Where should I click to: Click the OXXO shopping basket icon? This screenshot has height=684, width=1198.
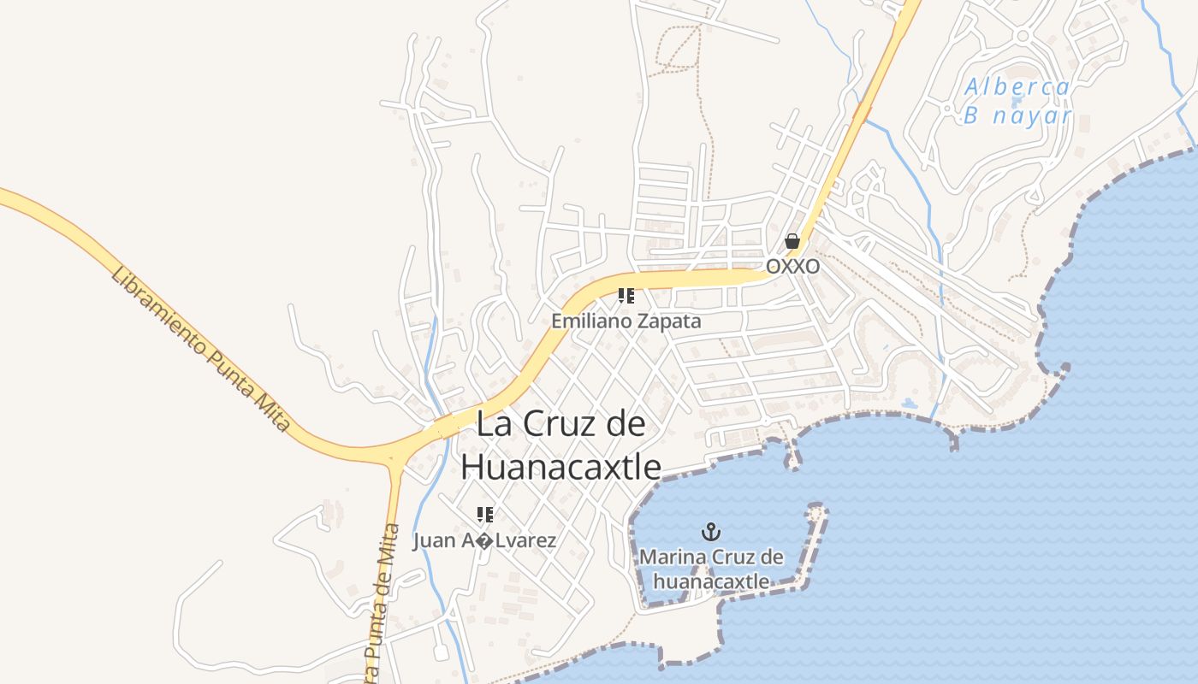pyautogui.click(x=792, y=241)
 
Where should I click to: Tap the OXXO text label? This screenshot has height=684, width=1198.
pyautogui.click(x=792, y=267)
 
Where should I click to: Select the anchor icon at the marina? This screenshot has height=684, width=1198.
pyautogui.click(x=710, y=532)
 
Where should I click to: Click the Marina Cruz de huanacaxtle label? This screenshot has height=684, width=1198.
pyautogui.click(x=711, y=569)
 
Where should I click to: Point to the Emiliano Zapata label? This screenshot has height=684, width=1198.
pyautogui.click(x=626, y=321)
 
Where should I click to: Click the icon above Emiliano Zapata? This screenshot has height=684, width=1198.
pyautogui.click(x=626, y=296)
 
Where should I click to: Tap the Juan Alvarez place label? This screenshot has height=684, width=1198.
pyautogui.click(x=484, y=540)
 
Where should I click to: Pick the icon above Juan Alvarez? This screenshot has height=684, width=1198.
pyautogui.click(x=485, y=514)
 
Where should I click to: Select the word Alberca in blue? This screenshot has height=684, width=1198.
pyautogui.click(x=1017, y=87)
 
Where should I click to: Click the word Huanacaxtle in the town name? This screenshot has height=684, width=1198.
pyautogui.click(x=560, y=467)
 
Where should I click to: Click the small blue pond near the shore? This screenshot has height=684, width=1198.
pyautogui.click(x=909, y=403)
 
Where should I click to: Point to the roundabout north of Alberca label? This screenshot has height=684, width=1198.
pyautogui.click(x=1022, y=36)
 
